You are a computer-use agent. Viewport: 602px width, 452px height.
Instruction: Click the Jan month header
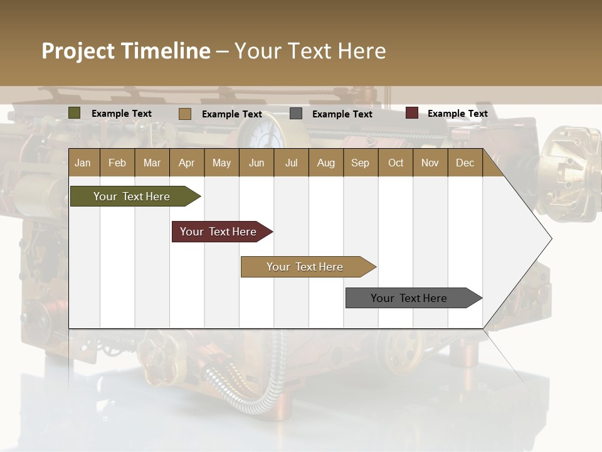tap(83, 163)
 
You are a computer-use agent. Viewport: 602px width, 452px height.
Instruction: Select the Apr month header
tap(186, 163)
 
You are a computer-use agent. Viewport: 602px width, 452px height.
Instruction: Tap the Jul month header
tap(291, 163)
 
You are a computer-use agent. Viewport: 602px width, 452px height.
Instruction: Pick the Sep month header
tap(360, 163)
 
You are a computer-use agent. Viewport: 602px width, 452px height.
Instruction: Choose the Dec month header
tap(465, 163)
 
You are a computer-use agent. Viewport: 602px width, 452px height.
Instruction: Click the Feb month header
tap(117, 163)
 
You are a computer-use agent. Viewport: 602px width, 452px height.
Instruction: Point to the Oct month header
tap(396, 163)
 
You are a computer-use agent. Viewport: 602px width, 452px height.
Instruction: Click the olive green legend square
tap(75, 113)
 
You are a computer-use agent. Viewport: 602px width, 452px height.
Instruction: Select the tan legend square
tap(185, 114)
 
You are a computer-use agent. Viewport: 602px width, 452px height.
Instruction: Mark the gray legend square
tap(296, 114)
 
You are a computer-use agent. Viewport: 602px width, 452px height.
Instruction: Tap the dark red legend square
tap(411, 113)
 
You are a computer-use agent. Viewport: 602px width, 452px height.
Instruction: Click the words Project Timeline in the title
tap(126, 51)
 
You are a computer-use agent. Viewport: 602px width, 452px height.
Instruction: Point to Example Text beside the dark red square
tap(457, 114)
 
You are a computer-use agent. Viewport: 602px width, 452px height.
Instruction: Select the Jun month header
tap(256, 163)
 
